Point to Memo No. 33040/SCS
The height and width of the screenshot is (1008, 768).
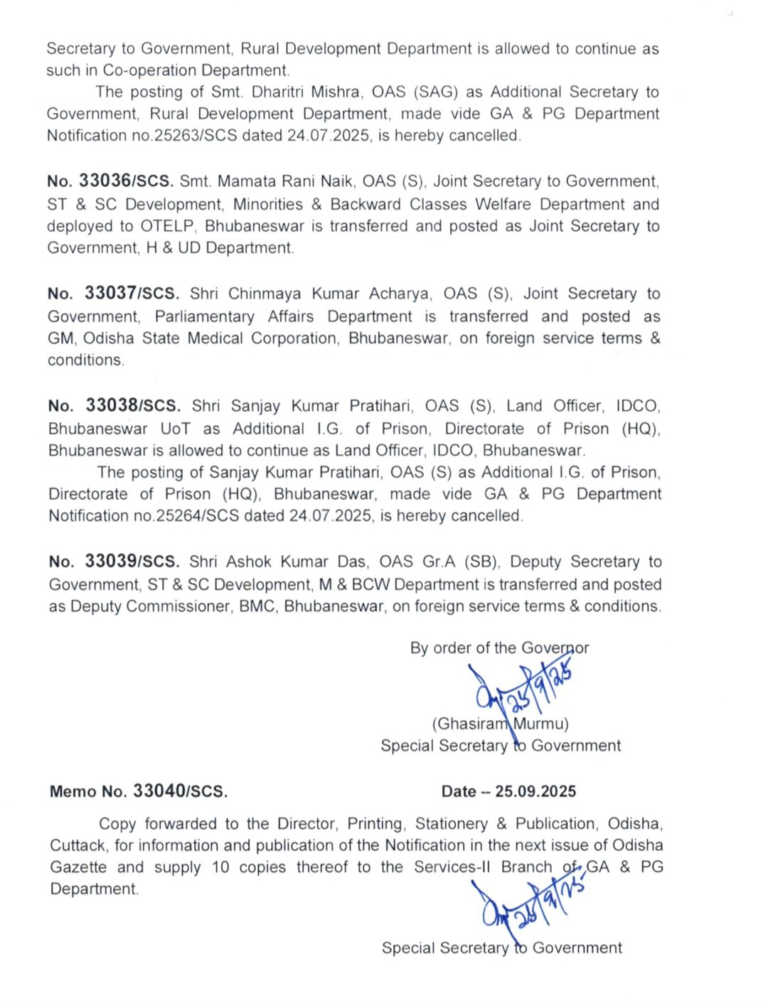click(x=139, y=791)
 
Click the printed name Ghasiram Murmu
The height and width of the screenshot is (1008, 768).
click(x=500, y=724)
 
